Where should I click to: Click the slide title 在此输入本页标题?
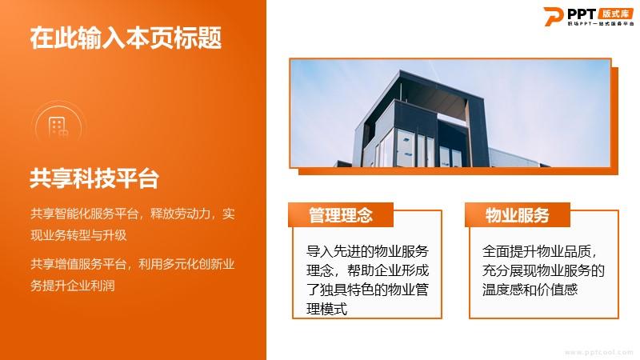coord(126,38)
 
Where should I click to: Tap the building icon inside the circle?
coord(58,127)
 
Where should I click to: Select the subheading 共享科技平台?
coord(94,178)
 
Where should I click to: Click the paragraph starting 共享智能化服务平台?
coord(133,224)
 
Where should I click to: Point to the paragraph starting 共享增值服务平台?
coord(133,274)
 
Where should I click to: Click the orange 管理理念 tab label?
coord(341,215)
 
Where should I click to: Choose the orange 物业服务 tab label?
coord(517,215)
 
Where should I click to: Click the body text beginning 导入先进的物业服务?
coord(367,280)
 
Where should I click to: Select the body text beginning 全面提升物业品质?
coord(543,270)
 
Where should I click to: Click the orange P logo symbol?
coord(554,17)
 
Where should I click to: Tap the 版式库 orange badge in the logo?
coord(615,14)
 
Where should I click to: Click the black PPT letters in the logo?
coord(582,14)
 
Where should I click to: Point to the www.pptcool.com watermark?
coord(598,352)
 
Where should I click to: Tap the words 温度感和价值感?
coord(530,290)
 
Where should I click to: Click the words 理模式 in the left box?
coord(326,309)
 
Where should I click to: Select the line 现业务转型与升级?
coord(78,235)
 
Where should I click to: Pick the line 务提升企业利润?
coord(73,286)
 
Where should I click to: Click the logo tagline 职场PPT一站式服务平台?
coord(601,24)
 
